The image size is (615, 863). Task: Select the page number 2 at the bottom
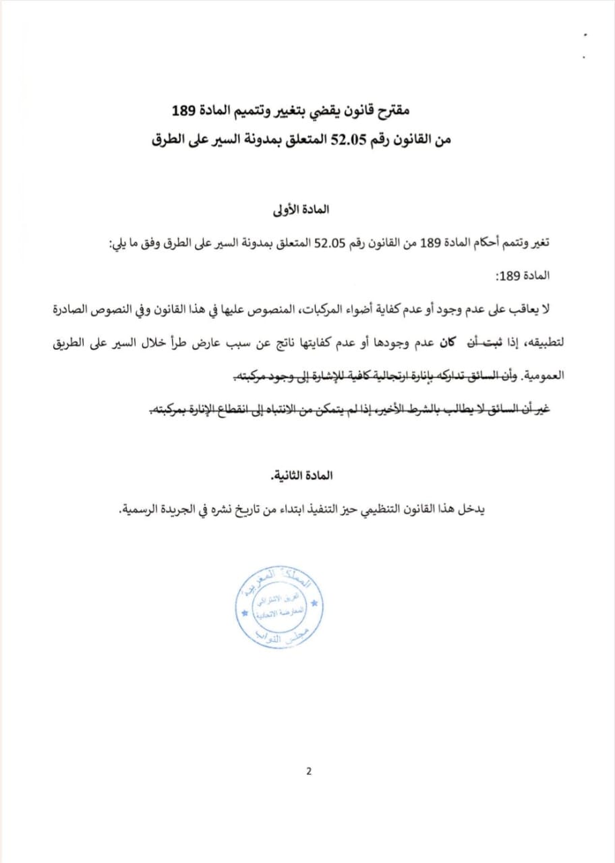(308, 772)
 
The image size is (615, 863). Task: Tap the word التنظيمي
(396, 508)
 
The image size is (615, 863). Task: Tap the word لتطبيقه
(539, 342)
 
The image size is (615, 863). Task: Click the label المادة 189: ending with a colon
(533, 276)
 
